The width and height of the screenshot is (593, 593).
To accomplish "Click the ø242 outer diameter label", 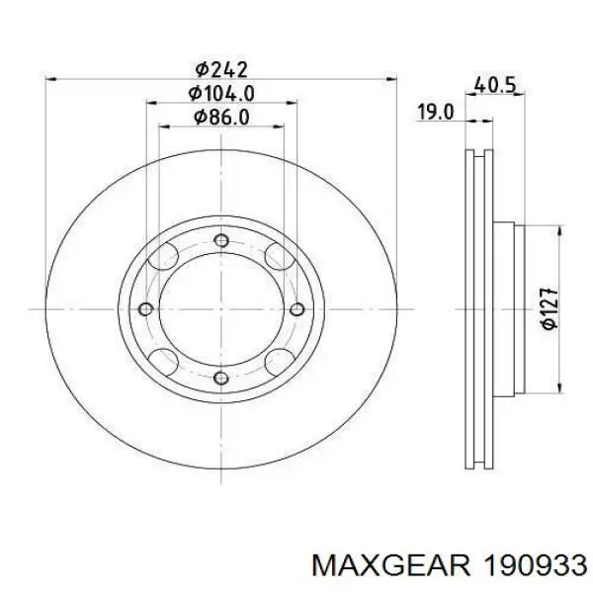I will pyautogui.click(x=219, y=69).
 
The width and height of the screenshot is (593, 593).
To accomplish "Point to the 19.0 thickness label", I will pyautogui.click(x=434, y=113).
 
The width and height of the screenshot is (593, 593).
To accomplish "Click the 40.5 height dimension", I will pyautogui.click(x=495, y=85).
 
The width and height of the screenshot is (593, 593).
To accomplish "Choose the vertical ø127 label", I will pyautogui.click(x=551, y=308).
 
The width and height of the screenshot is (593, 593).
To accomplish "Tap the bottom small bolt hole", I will pyautogui.click(x=220, y=379).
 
